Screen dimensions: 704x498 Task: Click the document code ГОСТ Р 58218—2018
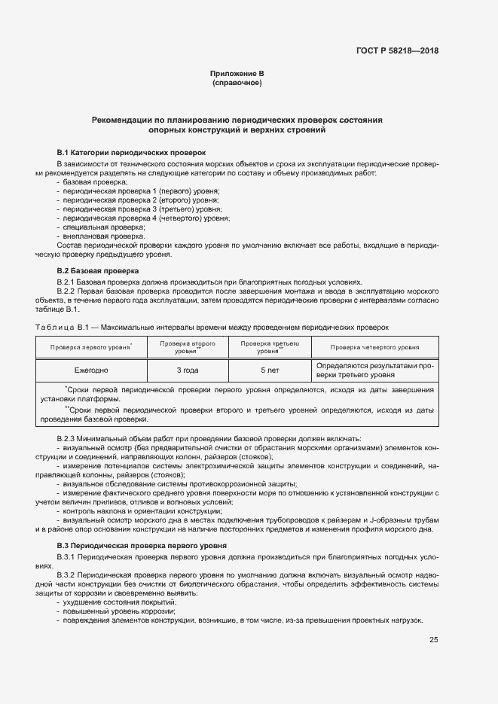pos(397,51)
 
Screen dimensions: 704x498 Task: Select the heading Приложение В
pos(237,74)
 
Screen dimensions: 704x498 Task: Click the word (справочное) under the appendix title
pos(237,82)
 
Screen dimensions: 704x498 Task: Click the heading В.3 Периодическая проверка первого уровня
pos(148,545)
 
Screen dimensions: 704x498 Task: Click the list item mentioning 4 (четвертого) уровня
pos(146,218)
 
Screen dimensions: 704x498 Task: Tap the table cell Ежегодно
pos(91,370)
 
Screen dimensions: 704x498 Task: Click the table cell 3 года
pos(187,370)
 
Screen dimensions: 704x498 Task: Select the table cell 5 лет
pos(268,370)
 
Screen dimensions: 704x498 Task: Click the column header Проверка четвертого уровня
pos(374,347)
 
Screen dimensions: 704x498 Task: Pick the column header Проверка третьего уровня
pos(268,347)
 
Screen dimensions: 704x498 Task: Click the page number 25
pos(433,640)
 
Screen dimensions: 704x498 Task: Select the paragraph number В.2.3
pos(68,438)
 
